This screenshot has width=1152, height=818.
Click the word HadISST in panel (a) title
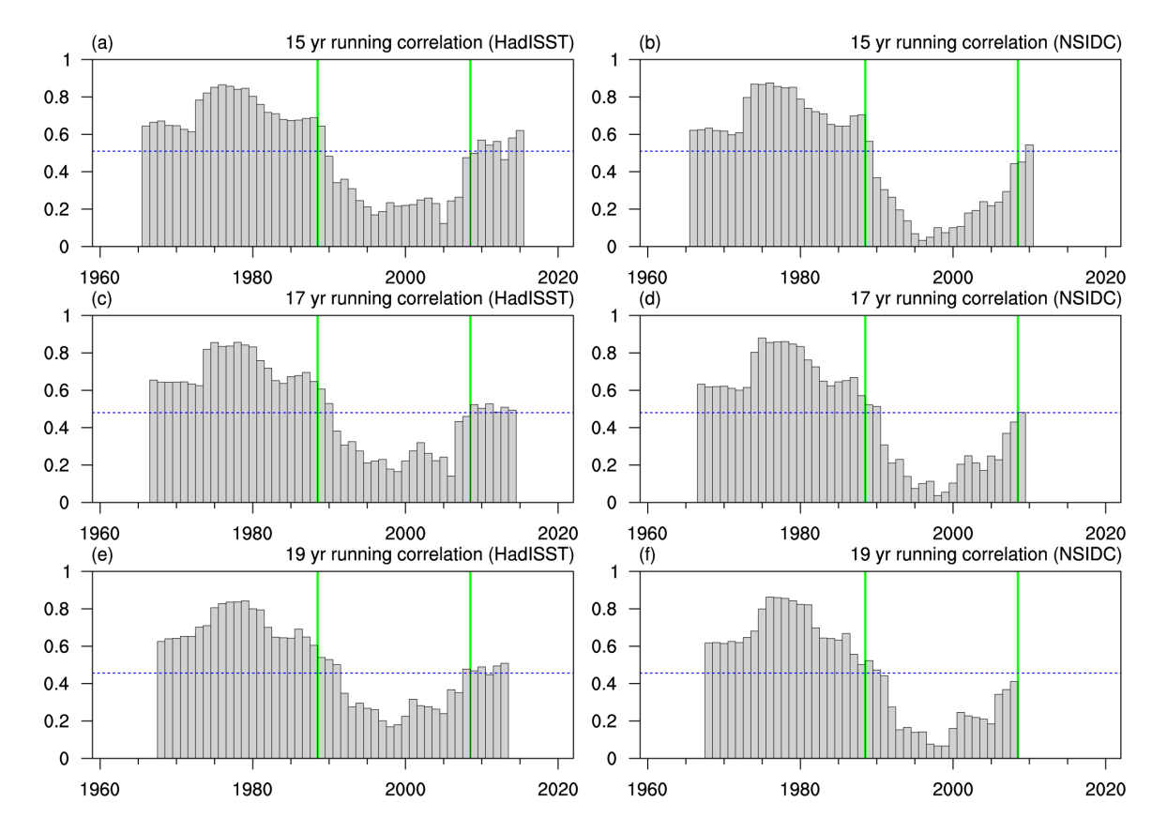click(x=531, y=43)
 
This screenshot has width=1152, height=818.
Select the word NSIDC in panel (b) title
click(x=1084, y=43)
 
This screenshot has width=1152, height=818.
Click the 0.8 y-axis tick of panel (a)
click(x=72, y=98)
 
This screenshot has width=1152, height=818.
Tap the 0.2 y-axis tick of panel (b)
click(x=620, y=210)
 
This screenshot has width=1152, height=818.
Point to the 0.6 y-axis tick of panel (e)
click(x=72, y=647)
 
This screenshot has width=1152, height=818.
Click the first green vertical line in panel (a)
click(x=318, y=150)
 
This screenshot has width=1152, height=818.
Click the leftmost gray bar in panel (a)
click(x=145, y=188)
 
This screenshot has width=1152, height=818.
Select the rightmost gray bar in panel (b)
click(x=1029, y=197)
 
